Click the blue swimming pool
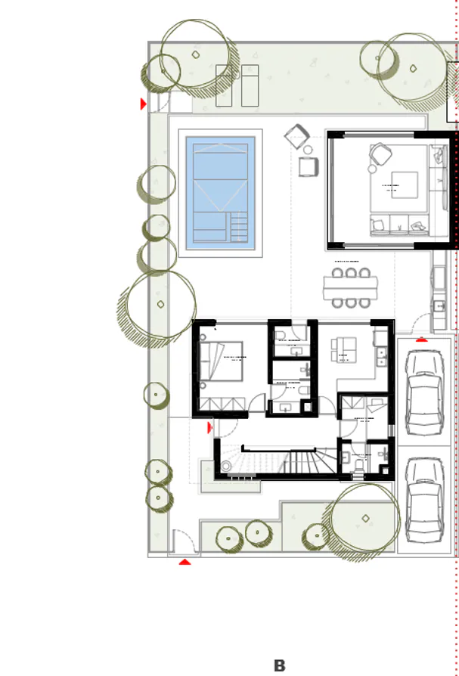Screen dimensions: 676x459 220,193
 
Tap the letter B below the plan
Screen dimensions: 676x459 279,666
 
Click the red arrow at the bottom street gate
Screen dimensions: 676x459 185,562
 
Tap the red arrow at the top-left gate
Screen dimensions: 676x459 143,104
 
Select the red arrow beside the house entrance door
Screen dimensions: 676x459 210,428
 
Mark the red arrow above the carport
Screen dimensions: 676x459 421,339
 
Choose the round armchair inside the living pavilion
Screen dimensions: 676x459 379,155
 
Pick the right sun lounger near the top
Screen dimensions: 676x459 250,85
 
